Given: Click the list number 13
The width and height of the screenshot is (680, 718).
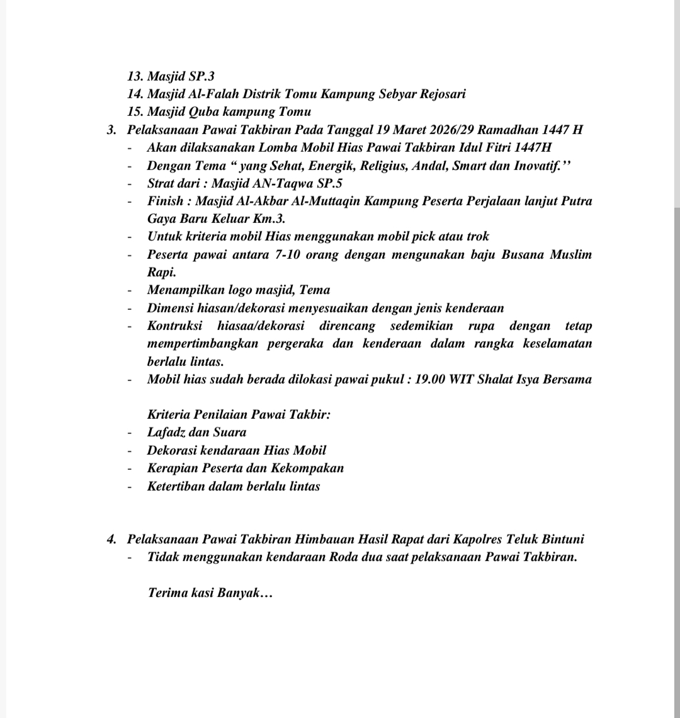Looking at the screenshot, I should [135, 77].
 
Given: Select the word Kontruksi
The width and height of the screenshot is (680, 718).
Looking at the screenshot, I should [174, 326].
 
